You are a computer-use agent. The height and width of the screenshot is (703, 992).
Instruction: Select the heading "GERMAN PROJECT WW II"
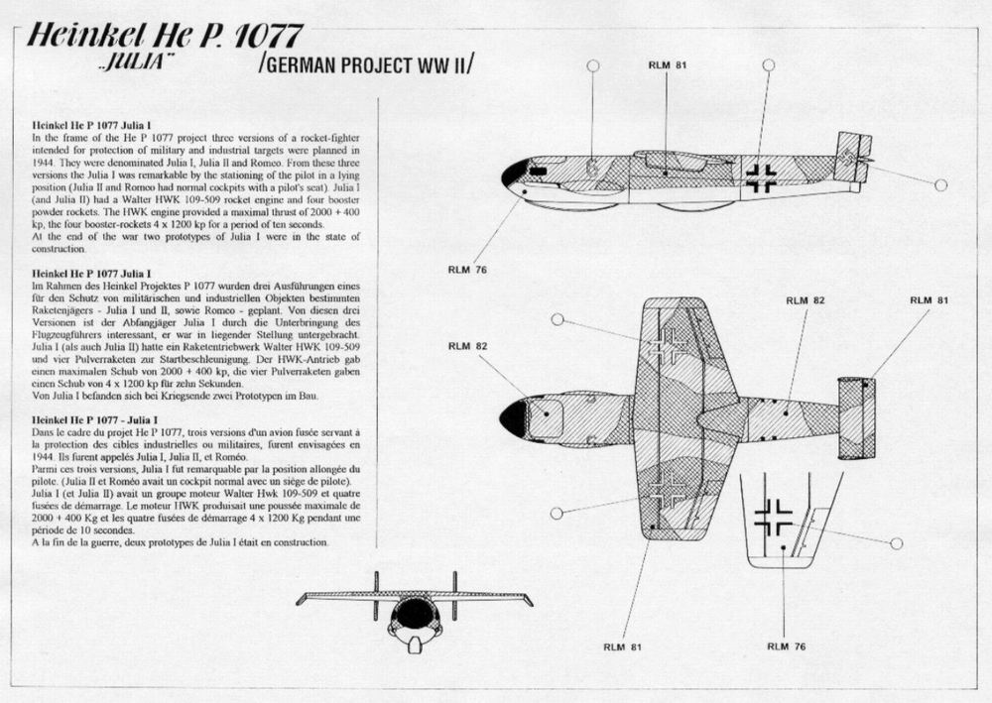click(x=366, y=65)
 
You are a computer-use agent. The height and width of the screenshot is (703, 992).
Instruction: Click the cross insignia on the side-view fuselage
click(x=762, y=177)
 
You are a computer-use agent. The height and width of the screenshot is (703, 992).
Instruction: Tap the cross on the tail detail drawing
click(x=773, y=517)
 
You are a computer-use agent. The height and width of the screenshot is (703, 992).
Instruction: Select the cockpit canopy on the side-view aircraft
click(x=675, y=159)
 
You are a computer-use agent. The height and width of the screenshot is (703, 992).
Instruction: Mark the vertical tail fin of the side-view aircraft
click(x=851, y=157)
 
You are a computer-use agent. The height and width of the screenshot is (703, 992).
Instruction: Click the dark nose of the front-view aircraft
click(x=415, y=616)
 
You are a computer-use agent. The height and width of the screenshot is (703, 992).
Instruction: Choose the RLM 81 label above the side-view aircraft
click(x=665, y=65)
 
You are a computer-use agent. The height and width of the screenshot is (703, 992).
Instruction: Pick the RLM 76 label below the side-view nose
click(x=465, y=269)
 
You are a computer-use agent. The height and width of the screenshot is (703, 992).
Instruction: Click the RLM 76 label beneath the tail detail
click(x=786, y=646)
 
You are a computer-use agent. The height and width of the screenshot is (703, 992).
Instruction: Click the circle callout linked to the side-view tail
click(x=940, y=185)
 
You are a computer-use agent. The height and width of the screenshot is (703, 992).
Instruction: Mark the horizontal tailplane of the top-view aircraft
click(x=856, y=417)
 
